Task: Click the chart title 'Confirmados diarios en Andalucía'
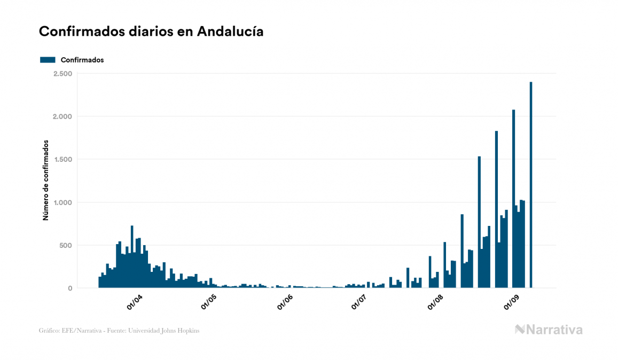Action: (x=151, y=32)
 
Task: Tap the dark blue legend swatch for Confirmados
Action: (x=48, y=60)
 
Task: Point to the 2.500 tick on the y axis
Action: (x=62, y=74)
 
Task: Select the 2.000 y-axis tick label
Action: (x=62, y=116)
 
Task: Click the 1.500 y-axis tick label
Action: (x=62, y=160)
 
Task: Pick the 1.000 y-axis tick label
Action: (x=62, y=202)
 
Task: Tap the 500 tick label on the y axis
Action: (x=65, y=246)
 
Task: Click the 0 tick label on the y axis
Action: (x=69, y=288)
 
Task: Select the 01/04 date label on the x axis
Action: (x=134, y=302)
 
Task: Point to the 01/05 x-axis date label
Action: (x=209, y=302)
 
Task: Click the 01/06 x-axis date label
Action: (x=285, y=302)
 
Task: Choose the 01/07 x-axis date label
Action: (x=359, y=302)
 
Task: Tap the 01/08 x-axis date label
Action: (x=435, y=302)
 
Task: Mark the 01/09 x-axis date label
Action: (x=512, y=302)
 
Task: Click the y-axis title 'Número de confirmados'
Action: (x=46, y=181)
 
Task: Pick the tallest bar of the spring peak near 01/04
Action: (x=132, y=257)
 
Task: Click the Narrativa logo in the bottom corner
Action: (x=549, y=330)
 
